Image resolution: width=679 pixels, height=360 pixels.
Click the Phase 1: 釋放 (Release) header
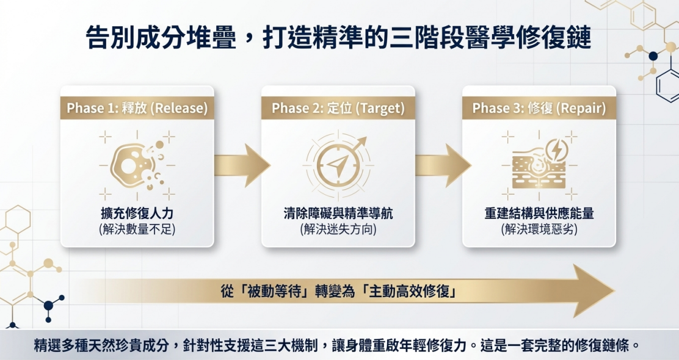pyautogui.click(x=137, y=108)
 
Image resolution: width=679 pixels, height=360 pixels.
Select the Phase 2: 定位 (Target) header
pyautogui.click(x=338, y=108)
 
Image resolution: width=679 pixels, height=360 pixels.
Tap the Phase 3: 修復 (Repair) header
pyautogui.click(x=539, y=108)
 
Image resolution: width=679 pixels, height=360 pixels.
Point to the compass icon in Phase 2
pyautogui.click(x=338, y=165)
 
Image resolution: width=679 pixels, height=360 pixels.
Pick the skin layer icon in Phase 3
pyautogui.click(x=539, y=170)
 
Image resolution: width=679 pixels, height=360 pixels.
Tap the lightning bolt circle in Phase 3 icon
pyautogui.click(x=557, y=149)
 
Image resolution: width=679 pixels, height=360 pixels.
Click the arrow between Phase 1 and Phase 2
pyautogui.click(x=242, y=165)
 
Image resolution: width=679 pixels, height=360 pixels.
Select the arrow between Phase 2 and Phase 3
pyautogui.click(x=443, y=165)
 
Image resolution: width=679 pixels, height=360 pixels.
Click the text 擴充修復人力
pyautogui.click(x=137, y=214)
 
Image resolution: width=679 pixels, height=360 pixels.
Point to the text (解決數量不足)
pyautogui.click(x=137, y=229)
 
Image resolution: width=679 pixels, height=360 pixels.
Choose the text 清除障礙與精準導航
pyautogui.click(x=338, y=214)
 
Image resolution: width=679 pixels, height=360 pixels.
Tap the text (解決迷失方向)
pyautogui.click(x=338, y=229)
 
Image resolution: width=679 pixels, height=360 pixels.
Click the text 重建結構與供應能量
pyautogui.click(x=539, y=214)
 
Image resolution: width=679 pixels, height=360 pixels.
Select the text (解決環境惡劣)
pyautogui.click(x=539, y=229)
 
